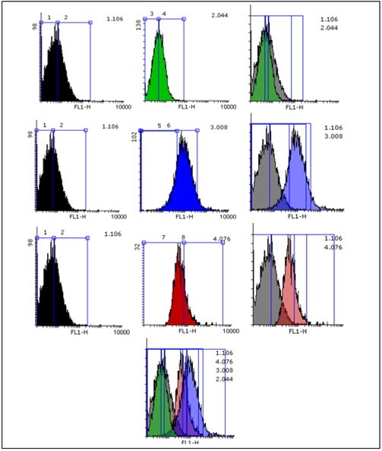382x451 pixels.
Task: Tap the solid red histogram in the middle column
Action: (179, 296)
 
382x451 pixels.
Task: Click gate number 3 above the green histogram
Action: (152, 14)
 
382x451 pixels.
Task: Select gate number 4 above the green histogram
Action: (164, 14)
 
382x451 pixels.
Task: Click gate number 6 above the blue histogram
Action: (169, 125)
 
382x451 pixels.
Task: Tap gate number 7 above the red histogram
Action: (163, 238)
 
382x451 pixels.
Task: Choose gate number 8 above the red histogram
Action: (183, 238)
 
